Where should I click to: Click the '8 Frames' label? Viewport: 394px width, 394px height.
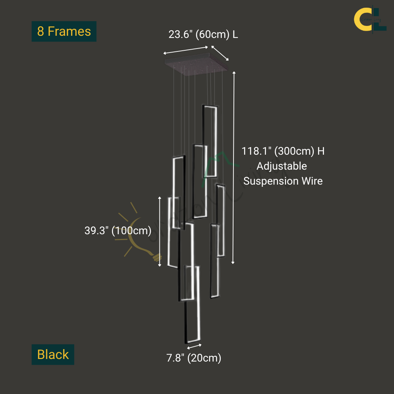click(64, 31)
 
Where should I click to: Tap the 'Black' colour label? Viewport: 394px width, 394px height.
click(53, 355)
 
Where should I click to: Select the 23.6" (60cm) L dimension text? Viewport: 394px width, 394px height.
click(203, 35)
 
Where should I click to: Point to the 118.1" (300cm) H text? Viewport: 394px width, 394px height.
click(283, 151)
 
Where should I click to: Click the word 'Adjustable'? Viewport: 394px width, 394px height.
click(282, 166)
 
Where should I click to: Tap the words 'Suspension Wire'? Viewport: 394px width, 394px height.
click(283, 181)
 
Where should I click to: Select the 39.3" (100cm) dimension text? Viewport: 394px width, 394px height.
click(118, 231)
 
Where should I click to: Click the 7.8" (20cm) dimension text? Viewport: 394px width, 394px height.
click(194, 358)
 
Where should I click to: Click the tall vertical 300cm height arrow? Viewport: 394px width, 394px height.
click(234, 168)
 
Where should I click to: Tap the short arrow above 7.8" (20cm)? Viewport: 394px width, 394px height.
click(194, 346)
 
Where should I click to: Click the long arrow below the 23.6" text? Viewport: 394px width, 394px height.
click(186, 50)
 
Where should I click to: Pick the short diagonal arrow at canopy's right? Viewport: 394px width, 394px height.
click(220, 53)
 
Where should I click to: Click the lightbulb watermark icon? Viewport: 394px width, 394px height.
click(140, 237)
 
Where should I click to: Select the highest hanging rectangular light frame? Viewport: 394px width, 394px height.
click(210, 141)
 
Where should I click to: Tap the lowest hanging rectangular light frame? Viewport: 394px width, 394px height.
click(192, 305)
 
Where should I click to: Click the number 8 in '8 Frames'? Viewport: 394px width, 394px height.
click(40, 31)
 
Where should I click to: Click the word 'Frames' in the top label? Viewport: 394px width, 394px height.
click(69, 31)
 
